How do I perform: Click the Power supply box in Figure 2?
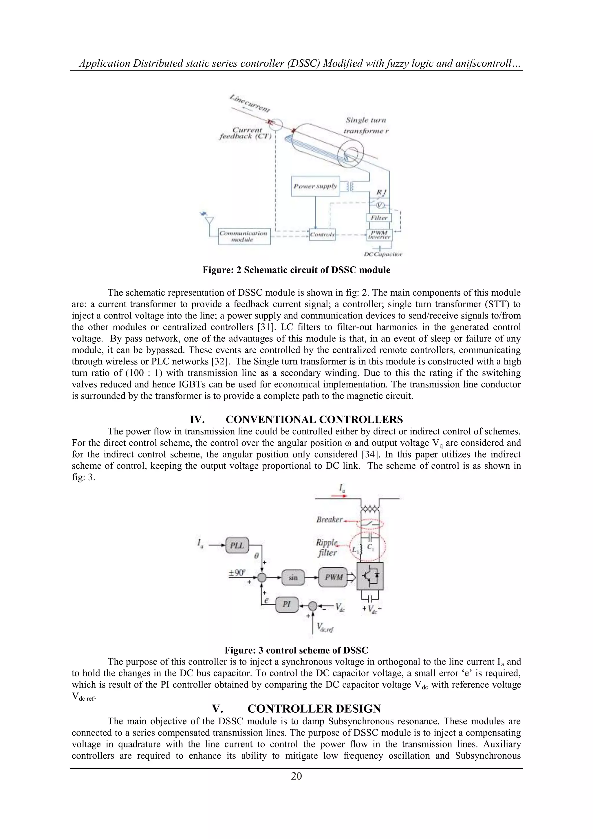[x=316, y=186]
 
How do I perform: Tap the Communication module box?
[x=244, y=236]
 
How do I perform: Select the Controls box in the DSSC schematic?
[x=322, y=234]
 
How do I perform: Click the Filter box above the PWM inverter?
[x=379, y=218]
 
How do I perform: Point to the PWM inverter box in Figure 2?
[x=379, y=234]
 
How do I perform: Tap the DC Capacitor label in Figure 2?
[x=383, y=254]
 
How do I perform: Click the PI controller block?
[x=287, y=605]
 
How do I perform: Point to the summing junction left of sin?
[x=261, y=578]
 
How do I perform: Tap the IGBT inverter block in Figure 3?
[x=370, y=576]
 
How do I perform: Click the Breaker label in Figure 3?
[x=329, y=520]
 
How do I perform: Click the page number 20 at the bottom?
[x=296, y=776]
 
